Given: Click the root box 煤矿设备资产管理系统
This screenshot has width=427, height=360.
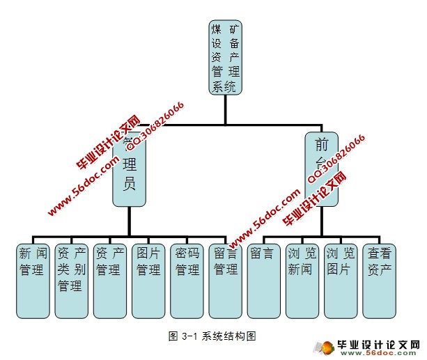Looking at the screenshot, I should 225,57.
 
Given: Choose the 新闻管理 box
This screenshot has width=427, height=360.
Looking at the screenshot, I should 33,279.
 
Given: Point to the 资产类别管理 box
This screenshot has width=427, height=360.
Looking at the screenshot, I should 71,279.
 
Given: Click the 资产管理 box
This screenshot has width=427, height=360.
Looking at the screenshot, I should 109,279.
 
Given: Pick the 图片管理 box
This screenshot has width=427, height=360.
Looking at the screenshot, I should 148,279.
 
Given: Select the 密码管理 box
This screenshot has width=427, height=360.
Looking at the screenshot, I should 187,279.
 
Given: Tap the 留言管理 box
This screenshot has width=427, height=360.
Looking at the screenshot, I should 225,279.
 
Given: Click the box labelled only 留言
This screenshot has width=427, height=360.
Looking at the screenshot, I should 264,279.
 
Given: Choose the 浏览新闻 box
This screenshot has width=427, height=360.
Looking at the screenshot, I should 302,279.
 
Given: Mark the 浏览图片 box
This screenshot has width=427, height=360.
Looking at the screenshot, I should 341,279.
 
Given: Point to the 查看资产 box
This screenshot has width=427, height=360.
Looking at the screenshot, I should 380,279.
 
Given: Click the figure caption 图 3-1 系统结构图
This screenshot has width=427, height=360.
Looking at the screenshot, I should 212,336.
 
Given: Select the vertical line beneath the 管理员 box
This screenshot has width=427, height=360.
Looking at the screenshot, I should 129,221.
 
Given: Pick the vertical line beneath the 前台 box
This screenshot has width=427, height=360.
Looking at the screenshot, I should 321,221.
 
